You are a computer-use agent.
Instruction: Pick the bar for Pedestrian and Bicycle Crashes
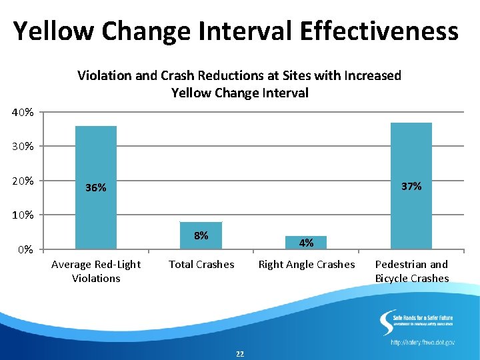click(x=411, y=153)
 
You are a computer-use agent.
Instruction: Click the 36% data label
click(x=96, y=188)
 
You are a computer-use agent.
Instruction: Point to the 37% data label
click(x=411, y=186)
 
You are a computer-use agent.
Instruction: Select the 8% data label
click(x=201, y=235)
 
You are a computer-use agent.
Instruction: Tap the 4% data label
click(x=306, y=243)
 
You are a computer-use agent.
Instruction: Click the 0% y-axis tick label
click(x=25, y=250)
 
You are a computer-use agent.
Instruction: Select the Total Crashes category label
click(x=201, y=265)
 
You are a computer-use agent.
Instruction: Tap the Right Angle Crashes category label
click(x=307, y=265)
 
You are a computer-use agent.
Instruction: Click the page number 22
click(x=240, y=353)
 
